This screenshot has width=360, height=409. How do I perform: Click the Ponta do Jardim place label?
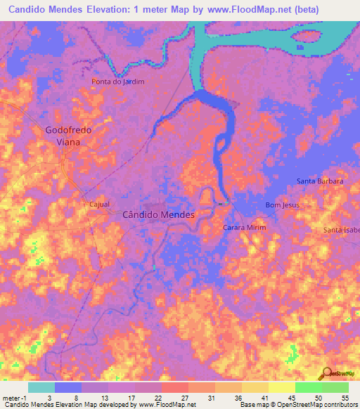pos(118,82)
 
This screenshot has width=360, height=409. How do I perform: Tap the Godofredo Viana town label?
pos(68,136)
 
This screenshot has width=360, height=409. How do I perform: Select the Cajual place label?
pos(99,204)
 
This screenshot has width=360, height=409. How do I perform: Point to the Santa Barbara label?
pos(320,181)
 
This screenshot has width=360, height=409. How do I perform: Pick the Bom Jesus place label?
pos(277,204)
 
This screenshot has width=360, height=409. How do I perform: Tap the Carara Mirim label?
pos(245,228)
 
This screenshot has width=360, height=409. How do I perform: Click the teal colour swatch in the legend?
pos(41,387)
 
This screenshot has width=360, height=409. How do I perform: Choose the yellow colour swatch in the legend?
pos(281,387)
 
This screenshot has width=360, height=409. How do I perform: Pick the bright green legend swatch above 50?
pos(308,387)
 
